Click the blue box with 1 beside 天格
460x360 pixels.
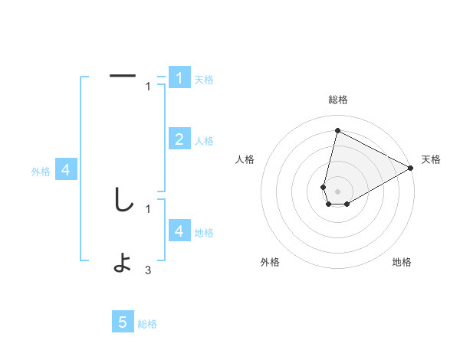coord(179,78)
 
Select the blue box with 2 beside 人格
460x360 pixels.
coord(179,139)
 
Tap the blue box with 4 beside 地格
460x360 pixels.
coord(179,231)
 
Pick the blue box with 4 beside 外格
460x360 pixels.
coord(66,170)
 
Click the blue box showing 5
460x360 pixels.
coord(123,322)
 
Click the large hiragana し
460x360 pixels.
coord(123,201)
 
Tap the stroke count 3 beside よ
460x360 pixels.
coord(148,270)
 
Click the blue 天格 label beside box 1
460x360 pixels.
coord(204,80)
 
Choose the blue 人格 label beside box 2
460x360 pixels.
coord(204,141)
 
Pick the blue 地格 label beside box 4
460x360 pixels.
coord(204,233)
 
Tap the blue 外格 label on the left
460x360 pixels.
coord(41,172)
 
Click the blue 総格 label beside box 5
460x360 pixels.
coord(147,324)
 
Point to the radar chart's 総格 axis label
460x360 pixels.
coord(337,100)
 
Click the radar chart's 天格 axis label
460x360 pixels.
coord(431,159)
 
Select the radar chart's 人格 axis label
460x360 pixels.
coord(245,159)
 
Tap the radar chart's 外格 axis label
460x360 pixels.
coord(270,262)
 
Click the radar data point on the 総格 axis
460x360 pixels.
coord(337,130)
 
